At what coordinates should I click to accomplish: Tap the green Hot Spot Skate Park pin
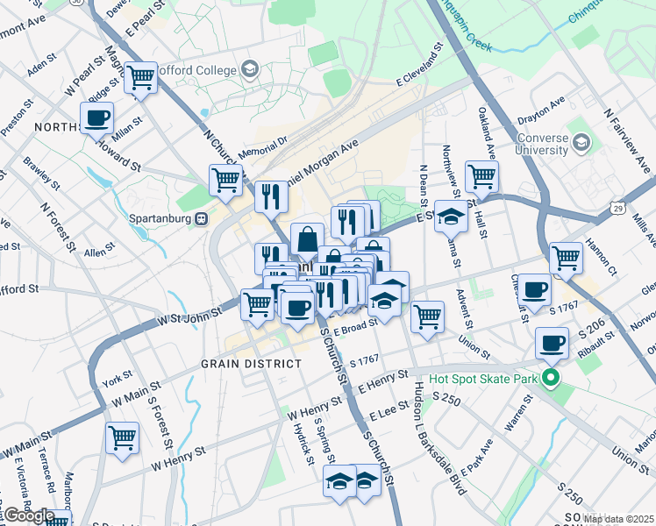click(x=551, y=380)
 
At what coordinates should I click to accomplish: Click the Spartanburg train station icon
click(x=202, y=217)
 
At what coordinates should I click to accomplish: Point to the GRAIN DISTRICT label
click(x=251, y=363)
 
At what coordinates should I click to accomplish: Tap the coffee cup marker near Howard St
click(x=97, y=118)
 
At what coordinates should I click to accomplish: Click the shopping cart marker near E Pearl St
click(x=140, y=79)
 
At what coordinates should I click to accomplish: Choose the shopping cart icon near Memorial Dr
click(x=225, y=181)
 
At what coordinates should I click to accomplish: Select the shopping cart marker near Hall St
click(x=481, y=176)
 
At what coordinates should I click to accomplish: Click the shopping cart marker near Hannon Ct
click(x=567, y=258)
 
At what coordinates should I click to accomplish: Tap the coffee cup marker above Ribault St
click(x=552, y=344)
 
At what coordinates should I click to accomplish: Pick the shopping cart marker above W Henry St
click(x=122, y=437)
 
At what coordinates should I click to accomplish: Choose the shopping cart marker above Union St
click(x=427, y=316)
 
